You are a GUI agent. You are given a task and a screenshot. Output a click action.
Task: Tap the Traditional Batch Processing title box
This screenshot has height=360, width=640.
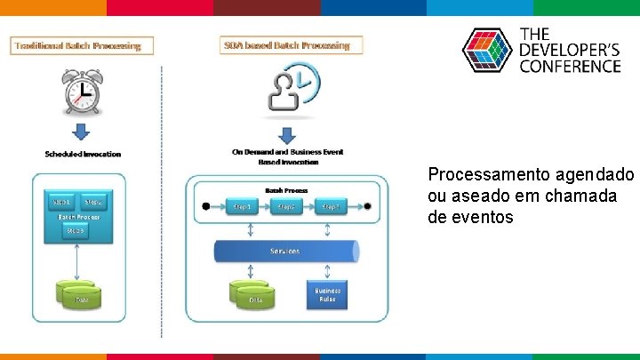[82, 45]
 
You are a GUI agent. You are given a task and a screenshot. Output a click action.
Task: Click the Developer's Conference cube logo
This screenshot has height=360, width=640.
[487, 51]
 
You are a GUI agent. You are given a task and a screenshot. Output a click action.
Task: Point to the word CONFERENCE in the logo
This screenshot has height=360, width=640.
[570, 66]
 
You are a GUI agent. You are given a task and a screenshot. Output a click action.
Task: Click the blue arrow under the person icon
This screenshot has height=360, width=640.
[286, 135]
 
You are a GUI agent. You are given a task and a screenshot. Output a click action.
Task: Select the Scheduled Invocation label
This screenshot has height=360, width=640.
[83, 154]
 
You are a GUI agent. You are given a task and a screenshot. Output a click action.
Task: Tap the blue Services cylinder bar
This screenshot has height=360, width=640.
[286, 252]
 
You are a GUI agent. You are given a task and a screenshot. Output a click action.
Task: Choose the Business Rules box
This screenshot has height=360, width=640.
[327, 295]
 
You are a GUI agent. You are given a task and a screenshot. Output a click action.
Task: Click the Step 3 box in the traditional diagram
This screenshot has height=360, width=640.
[76, 231]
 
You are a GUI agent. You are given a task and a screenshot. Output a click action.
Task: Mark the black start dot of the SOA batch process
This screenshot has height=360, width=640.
[206, 206]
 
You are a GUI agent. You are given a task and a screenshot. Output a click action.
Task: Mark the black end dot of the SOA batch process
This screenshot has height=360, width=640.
[367, 206]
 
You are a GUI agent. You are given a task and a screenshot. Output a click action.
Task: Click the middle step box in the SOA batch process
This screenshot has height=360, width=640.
[285, 206]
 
